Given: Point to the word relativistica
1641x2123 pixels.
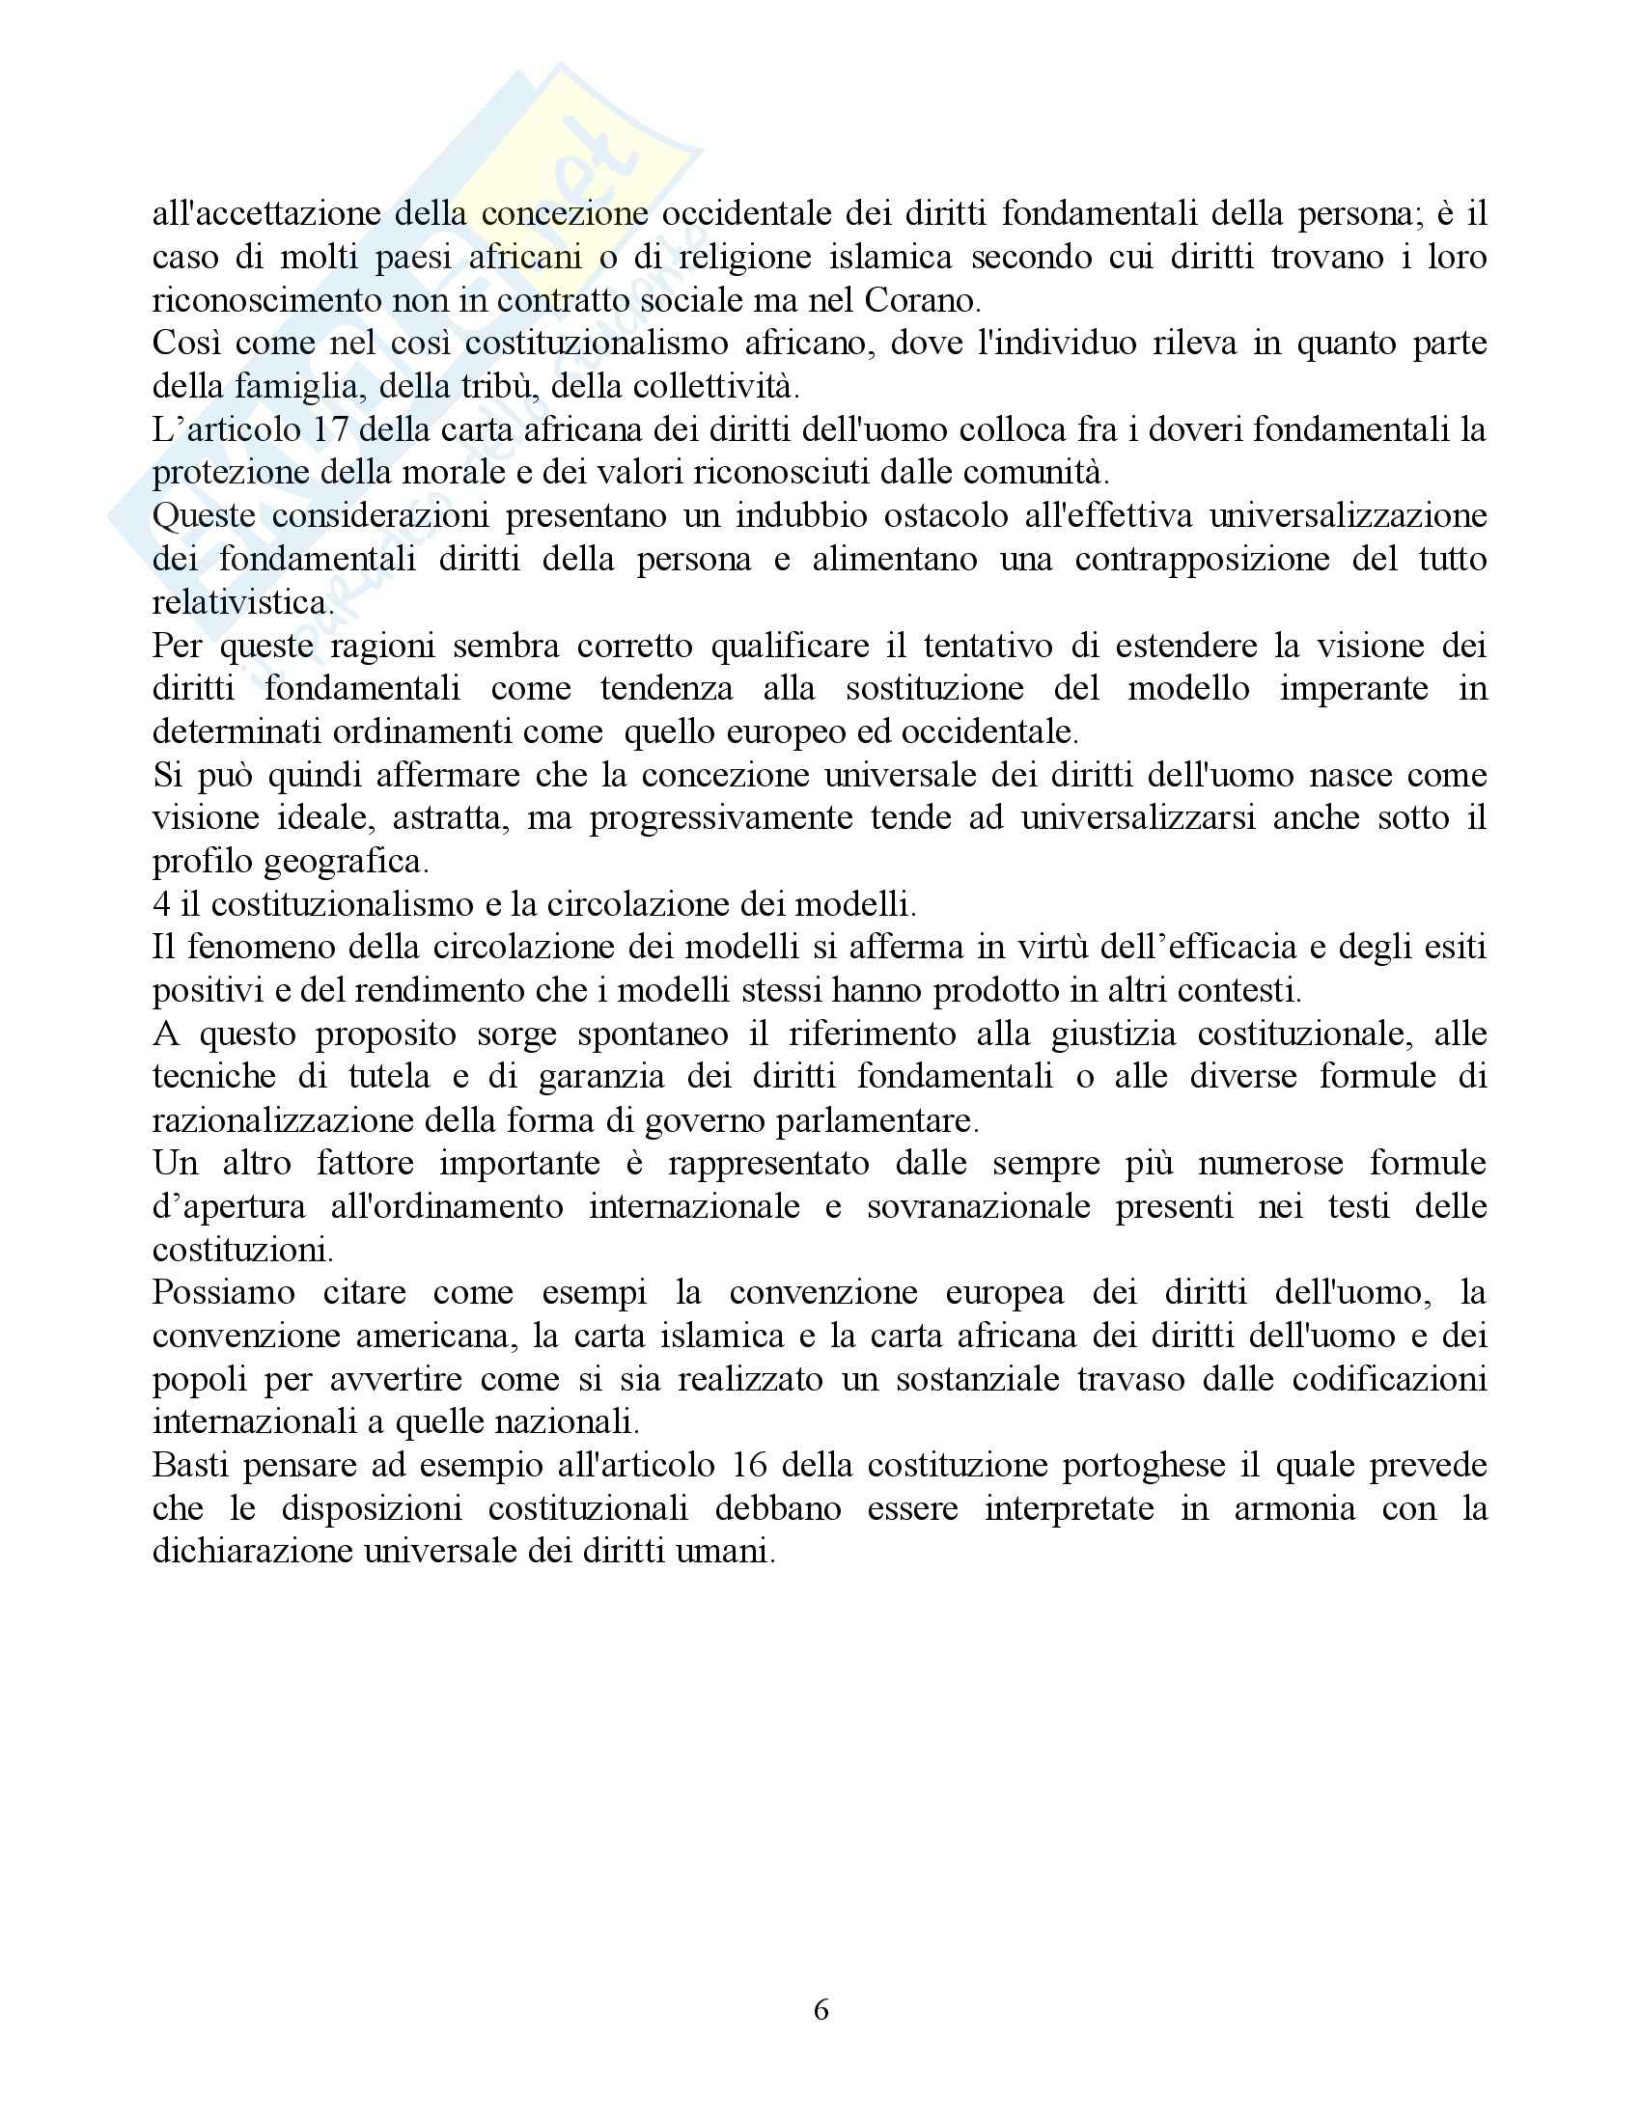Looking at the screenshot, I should click(x=242, y=603).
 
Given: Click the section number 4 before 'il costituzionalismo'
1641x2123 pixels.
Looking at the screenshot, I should click(x=161, y=904).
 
